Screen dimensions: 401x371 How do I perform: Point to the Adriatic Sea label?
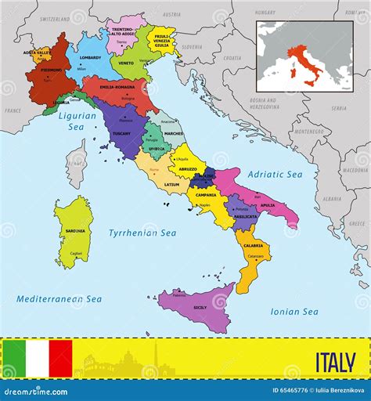click(x=275, y=174)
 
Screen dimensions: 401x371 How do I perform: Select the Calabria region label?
click(x=254, y=245)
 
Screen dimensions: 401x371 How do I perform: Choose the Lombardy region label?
click(x=90, y=58)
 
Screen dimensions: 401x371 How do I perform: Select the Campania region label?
click(x=206, y=195)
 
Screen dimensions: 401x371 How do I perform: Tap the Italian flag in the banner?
click(x=37, y=358)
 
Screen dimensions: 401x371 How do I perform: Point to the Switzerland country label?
click(x=54, y=17)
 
